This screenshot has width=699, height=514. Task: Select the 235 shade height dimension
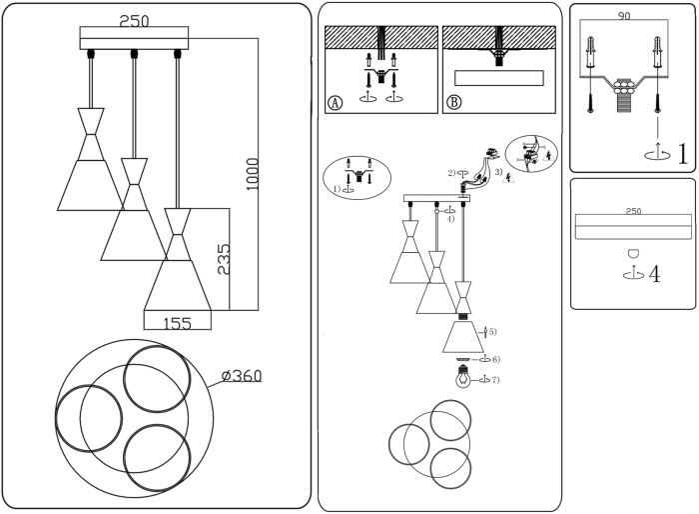point(224,261)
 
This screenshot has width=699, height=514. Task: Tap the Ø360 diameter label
point(241,376)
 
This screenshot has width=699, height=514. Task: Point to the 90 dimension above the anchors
point(624,17)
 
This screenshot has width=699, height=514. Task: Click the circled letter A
point(335,102)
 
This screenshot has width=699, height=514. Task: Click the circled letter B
point(454,102)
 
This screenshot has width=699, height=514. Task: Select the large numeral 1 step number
point(682,155)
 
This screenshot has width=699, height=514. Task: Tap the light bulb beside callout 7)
point(462,379)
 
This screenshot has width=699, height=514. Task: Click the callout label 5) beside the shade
point(491,331)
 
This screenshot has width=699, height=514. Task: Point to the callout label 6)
point(495,358)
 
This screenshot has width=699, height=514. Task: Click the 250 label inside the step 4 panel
point(632,211)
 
